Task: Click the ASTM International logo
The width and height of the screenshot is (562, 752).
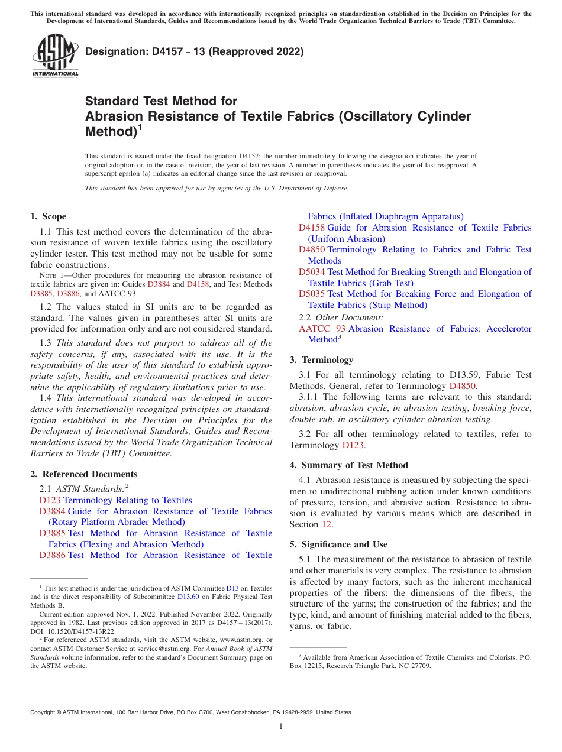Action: (x=54, y=56)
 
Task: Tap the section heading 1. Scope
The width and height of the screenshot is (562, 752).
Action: (x=48, y=216)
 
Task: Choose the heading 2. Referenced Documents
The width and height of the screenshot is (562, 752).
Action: (x=83, y=474)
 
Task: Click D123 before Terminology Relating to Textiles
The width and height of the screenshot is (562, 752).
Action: (x=50, y=500)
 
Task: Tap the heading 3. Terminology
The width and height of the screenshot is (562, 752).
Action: (x=321, y=360)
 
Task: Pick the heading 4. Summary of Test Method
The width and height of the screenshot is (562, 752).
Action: (x=348, y=465)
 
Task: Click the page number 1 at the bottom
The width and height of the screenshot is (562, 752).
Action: (x=281, y=727)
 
